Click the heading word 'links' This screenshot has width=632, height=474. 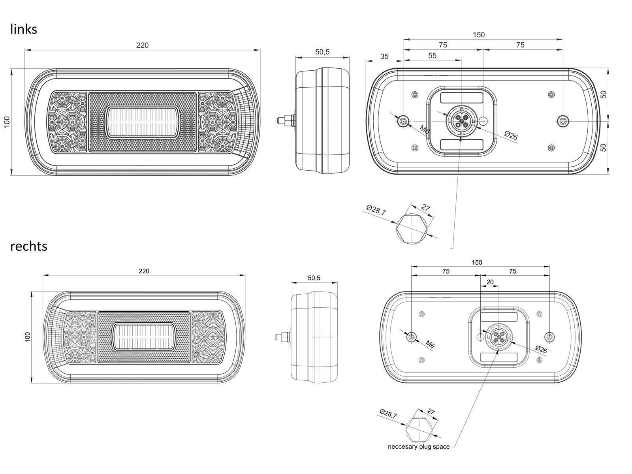[x=24, y=29]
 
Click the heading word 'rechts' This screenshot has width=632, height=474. [x=29, y=246]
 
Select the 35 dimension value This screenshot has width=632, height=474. [x=384, y=56]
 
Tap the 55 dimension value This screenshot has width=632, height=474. [x=432, y=56]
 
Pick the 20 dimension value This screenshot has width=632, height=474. [x=490, y=282]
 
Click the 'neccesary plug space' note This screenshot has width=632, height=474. [x=419, y=447]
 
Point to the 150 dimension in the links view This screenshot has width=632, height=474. [x=478, y=35]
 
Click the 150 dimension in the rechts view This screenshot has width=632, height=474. [x=476, y=262]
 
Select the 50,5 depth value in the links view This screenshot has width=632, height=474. [x=322, y=52]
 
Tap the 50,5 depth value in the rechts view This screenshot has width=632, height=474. [x=314, y=278]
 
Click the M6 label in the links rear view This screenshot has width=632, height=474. [x=424, y=130]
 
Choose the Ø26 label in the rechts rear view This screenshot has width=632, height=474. [x=541, y=350]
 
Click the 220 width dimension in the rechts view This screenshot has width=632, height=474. [x=144, y=271]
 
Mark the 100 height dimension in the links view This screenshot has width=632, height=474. [x=7, y=122]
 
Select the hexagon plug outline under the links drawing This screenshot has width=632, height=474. [x=412, y=229]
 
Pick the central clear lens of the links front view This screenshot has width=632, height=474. [x=142, y=122]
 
